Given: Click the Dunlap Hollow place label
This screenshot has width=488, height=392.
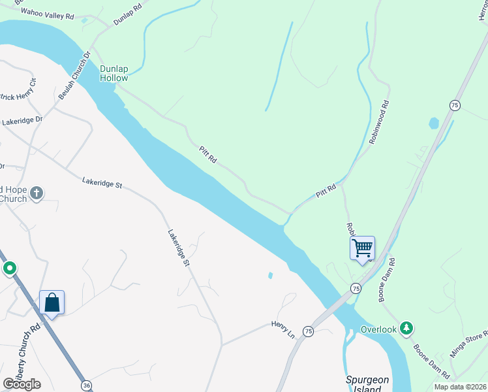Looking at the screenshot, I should point(114,73).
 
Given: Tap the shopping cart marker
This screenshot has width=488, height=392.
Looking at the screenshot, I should point(362,248).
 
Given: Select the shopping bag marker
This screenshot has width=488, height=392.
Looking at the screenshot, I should point(52,302).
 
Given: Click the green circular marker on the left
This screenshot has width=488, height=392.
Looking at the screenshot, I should point(10,269).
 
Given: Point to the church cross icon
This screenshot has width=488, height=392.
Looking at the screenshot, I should point(37,193).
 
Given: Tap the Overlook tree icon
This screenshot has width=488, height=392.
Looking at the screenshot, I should point(407,328).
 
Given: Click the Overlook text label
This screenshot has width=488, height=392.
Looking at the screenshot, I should point(379,329).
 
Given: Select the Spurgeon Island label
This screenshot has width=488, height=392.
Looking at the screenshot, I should point(367,384).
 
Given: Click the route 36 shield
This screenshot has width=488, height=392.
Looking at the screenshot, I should point(87,385).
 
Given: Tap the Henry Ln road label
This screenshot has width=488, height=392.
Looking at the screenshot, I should point(284,329).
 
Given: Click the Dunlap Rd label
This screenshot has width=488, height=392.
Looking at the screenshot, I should point(127,16).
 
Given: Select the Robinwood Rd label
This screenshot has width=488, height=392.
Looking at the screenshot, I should point(378,122).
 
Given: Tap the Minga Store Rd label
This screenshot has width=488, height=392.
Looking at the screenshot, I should point(469,345).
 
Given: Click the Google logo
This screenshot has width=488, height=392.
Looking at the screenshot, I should point(22,384).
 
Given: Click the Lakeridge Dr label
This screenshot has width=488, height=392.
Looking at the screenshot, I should point(22,121).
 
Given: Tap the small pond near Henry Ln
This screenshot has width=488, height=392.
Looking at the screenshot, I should point(270,275).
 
